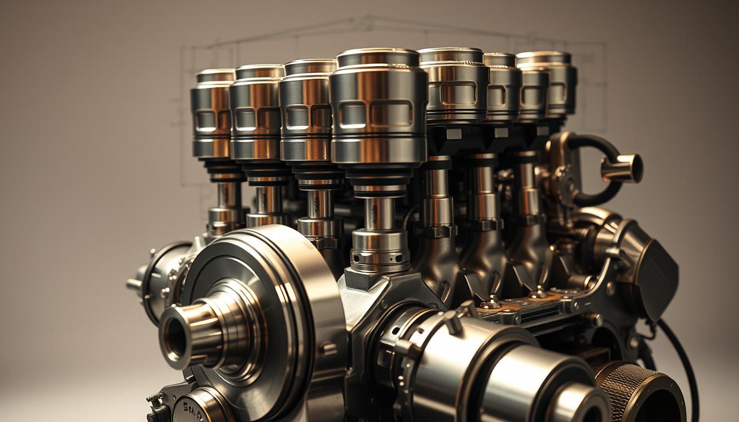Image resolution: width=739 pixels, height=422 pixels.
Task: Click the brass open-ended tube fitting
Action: [624, 168]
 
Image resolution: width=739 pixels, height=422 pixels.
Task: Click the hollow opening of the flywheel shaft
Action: [175, 335]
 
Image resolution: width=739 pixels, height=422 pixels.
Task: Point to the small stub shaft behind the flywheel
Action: [135, 284]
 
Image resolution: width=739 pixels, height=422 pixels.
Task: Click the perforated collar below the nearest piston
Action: [379, 250]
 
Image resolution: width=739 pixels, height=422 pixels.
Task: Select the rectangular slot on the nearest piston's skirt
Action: [390, 114]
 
